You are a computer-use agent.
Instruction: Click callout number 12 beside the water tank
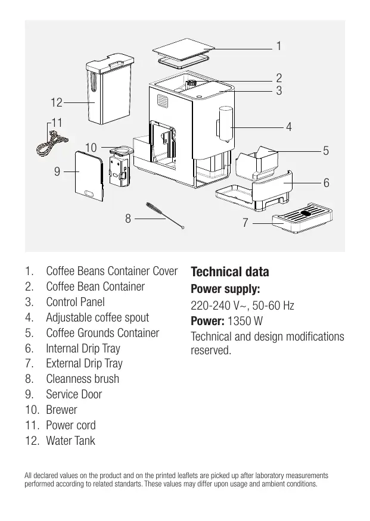pyautogui.click(x=57, y=102)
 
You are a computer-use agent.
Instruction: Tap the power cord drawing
pyautogui.click(x=52, y=143)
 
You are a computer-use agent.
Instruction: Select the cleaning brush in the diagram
pyautogui.click(x=165, y=216)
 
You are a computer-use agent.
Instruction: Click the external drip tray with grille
pyautogui.click(x=302, y=218)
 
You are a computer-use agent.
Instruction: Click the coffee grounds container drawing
pyautogui.click(x=257, y=163)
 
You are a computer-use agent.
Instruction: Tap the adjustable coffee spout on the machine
pyautogui.click(x=225, y=124)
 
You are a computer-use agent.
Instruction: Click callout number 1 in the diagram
pyautogui.click(x=279, y=45)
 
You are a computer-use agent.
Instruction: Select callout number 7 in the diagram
pyautogui.click(x=245, y=222)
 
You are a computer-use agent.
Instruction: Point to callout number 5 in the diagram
pyautogui.click(x=326, y=151)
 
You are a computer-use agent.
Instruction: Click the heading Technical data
pyautogui.click(x=230, y=272)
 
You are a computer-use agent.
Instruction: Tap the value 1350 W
pyautogui.click(x=245, y=321)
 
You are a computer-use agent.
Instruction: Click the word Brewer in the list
pyautogui.click(x=61, y=410)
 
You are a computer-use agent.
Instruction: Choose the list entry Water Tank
pyautogui.click(x=70, y=441)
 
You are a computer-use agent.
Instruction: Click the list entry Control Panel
pyautogui.click(x=76, y=302)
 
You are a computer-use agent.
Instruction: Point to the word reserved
pyautogui.click(x=211, y=350)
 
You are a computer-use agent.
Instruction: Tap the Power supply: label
pyautogui.click(x=225, y=289)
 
